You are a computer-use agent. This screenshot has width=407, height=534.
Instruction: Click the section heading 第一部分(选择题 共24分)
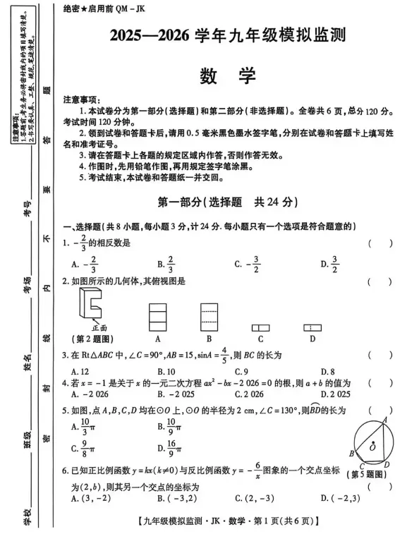click(227, 201)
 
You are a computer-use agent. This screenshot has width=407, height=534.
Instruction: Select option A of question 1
click(85, 265)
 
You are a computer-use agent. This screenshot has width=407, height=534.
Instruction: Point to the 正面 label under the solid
click(99, 327)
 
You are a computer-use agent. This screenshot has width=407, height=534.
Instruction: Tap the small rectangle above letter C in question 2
click(260, 327)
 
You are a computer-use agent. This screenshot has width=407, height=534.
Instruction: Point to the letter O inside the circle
click(372, 447)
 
